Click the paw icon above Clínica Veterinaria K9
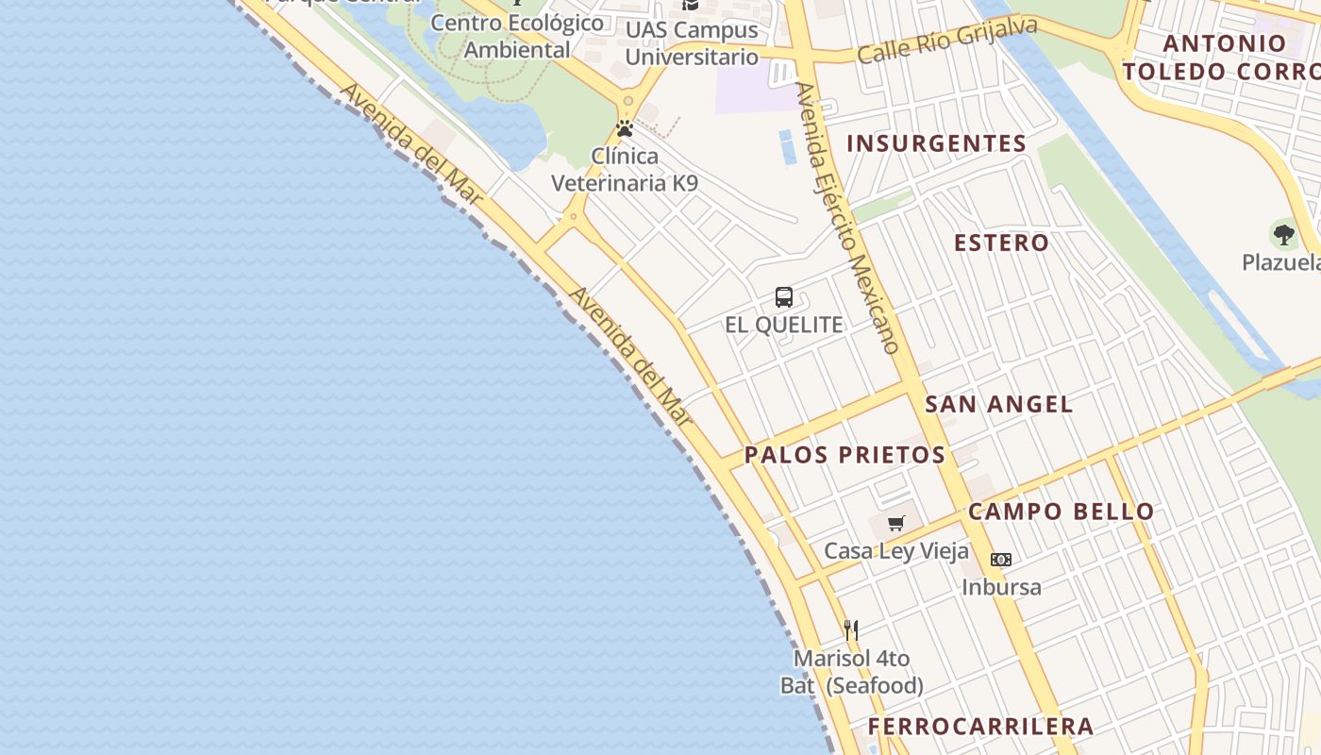pos(625,128)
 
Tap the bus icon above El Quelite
pos(783,297)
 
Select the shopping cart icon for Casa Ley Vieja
pos(895,523)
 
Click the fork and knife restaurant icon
pos(851,629)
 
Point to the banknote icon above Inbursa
pos(1001,560)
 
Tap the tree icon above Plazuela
pos(1283,234)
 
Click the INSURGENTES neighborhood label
pos(936,143)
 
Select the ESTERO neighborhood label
pos(1001,243)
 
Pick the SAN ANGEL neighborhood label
pos(998,405)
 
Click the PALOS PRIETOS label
pos(844,455)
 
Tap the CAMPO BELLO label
pos(1061,512)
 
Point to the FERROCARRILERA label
pos(980,726)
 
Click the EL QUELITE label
pos(783,325)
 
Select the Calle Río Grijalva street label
pos(946,40)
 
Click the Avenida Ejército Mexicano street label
pos(845,217)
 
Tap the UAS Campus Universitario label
pos(692,43)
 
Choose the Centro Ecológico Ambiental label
pos(517,36)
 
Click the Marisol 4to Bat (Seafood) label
pos(851,672)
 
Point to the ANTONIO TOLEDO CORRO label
pos(1223,57)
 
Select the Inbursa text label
pos(1001,587)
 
